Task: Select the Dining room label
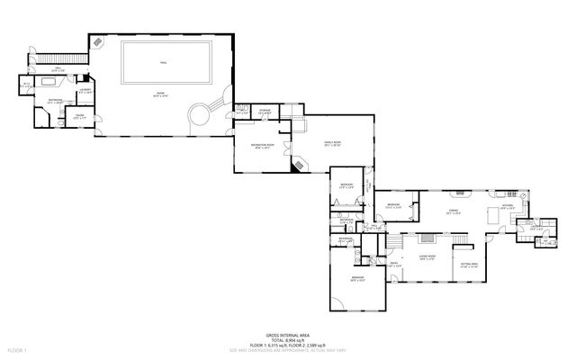[x=454, y=212]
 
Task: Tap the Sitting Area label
[x=467, y=264]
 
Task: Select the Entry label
[x=393, y=264]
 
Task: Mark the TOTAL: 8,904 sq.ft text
[x=288, y=338]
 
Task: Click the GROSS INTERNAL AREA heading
[x=288, y=333]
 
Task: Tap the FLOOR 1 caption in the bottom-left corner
[x=18, y=348]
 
